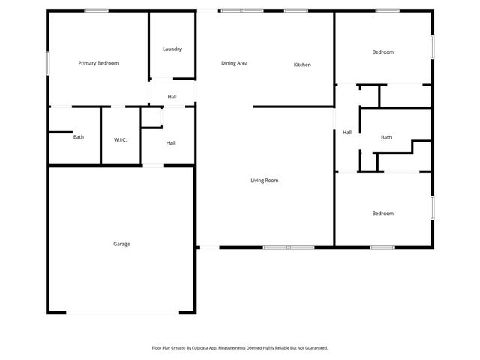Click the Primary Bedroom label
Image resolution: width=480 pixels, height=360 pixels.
pyautogui.click(x=98, y=63)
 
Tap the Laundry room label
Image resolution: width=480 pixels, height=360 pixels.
pyautogui.click(x=172, y=49)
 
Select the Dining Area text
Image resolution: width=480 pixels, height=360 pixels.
pyautogui.click(x=234, y=63)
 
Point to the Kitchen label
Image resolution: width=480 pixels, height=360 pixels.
pyautogui.click(x=302, y=64)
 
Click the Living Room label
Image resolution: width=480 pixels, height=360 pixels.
pyautogui.click(x=264, y=181)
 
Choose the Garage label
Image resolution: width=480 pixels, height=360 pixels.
pyautogui.click(x=121, y=244)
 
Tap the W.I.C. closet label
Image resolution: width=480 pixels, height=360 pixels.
pyautogui.click(x=121, y=139)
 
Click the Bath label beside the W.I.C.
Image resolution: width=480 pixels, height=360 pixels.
pyautogui.click(x=79, y=137)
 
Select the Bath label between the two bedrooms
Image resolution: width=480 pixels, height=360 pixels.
pyautogui.click(x=386, y=137)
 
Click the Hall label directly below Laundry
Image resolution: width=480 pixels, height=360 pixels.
pyautogui.click(x=172, y=97)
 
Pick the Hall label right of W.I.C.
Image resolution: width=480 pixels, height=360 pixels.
pyautogui.click(x=170, y=143)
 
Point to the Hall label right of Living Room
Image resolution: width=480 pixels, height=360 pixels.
pyautogui.click(x=347, y=133)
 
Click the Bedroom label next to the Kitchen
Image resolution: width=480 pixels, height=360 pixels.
pyautogui.click(x=383, y=52)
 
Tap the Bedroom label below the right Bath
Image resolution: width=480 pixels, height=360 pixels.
pyautogui.click(x=383, y=214)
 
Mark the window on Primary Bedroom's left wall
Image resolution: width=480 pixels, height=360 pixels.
pyautogui.click(x=48, y=63)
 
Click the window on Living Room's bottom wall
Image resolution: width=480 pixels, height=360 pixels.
pyautogui.click(x=289, y=247)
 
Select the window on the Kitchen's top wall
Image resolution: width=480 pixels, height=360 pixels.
pyautogui.click(x=295, y=10)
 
